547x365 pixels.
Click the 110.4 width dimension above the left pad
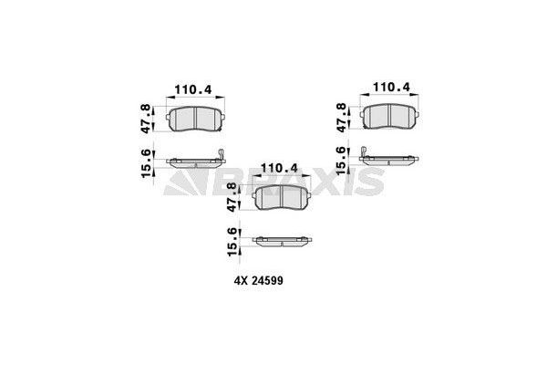pos(191,89)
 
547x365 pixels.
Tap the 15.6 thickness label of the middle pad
pos(232,242)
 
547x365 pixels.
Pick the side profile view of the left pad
pos(192,162)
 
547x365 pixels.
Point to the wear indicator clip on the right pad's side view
pos(363,151)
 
